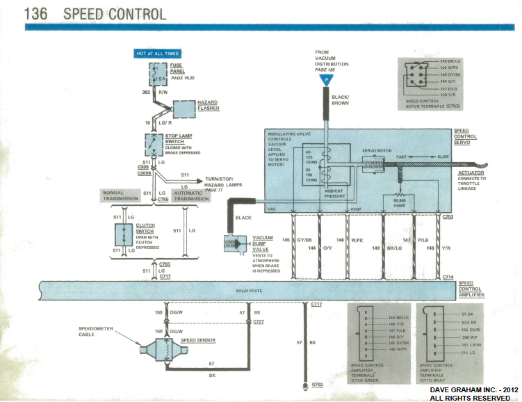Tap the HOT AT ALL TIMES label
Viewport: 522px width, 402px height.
(x=157, y=53)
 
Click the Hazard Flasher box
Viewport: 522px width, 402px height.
(x=186, y=109)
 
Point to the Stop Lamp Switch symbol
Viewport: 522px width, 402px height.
(x=153, y=144)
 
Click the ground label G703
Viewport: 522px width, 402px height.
(x=317, y=384)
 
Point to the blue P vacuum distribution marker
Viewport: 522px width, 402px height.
(x=324, y=81)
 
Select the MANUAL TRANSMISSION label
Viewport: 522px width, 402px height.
(x=122, y=195)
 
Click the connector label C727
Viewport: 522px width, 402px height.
(x=259, y=322)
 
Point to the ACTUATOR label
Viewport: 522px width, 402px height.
(x=472, y=172)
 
